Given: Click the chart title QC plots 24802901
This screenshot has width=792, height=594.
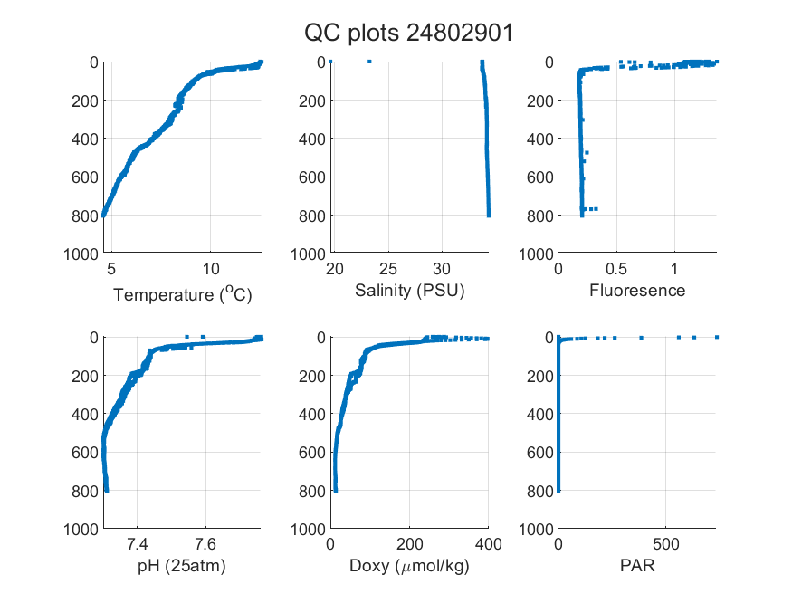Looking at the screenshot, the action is [x=408, y=34].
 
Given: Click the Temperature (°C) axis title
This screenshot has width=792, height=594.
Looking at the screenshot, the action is [x=182, y=294].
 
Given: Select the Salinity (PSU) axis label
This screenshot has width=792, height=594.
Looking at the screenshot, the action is [x=410, y=291].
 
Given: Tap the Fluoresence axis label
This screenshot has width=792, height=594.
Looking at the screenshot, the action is [x=637, y=291].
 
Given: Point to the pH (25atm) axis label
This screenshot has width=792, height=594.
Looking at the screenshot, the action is [x=182, y=566].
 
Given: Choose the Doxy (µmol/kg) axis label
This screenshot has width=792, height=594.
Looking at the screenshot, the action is [x=410, y=566].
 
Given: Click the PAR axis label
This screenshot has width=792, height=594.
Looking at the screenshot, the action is [x=637, y=565].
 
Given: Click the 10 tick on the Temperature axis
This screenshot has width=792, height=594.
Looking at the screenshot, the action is [x=211, y=269].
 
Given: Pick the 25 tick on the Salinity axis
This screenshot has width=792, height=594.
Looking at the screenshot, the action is [x=388, y=269].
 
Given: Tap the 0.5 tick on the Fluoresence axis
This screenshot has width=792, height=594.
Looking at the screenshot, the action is [x=616, y=269].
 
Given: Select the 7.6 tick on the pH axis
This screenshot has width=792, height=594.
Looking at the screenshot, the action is [x=205, y=544].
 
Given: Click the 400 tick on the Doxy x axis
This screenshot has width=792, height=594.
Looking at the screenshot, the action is [x=488, y=544].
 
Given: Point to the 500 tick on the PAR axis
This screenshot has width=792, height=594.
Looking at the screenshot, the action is [x=665, y=544].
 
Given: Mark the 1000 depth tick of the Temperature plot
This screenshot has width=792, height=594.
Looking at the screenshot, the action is [x=81, y=254].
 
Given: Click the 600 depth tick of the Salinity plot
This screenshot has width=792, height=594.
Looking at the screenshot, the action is [x=312, y=177].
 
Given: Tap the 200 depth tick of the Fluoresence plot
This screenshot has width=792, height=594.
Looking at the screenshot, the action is [x=540, y=101].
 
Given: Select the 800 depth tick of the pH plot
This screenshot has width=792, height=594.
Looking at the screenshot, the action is [x=85, y=491].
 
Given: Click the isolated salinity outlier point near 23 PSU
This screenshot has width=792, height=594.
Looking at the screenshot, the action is [x=369, y=62].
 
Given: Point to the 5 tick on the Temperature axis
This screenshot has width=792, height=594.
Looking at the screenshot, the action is [x=111, y=269].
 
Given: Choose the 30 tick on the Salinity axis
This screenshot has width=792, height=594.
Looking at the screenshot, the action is [x=442, y=269].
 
